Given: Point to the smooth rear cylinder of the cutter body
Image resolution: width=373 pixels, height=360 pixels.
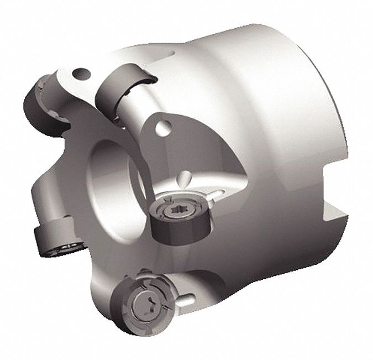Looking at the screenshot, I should [260, 105].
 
